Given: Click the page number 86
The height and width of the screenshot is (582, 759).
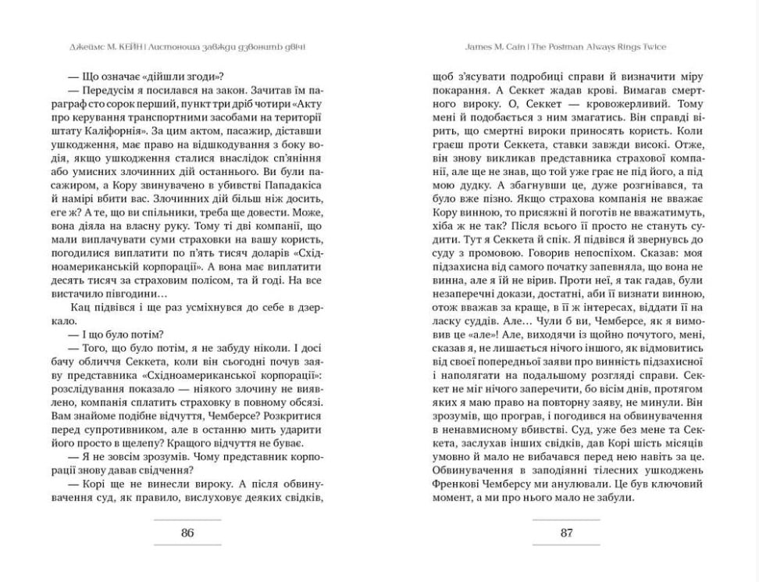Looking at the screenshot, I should (187, 533).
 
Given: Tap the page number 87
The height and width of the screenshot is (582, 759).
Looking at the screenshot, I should (567, 533).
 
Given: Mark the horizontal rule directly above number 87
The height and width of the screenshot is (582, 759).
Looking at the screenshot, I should (567, 519).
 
